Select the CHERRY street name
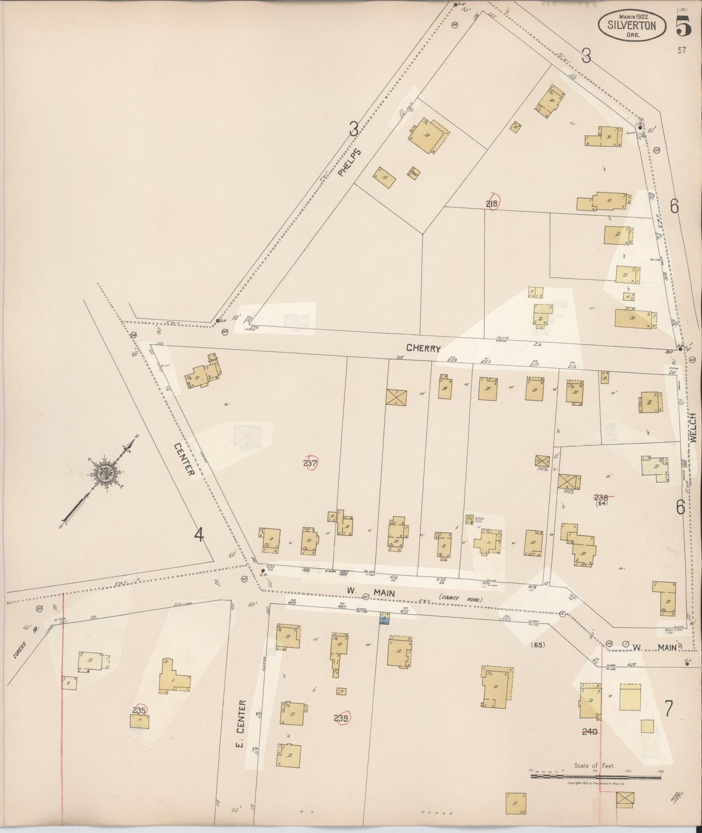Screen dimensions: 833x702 424,348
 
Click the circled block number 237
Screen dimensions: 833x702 310,463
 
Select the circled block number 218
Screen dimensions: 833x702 492,204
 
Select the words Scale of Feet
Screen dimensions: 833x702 594,766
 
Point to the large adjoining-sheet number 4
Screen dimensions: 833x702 199,535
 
